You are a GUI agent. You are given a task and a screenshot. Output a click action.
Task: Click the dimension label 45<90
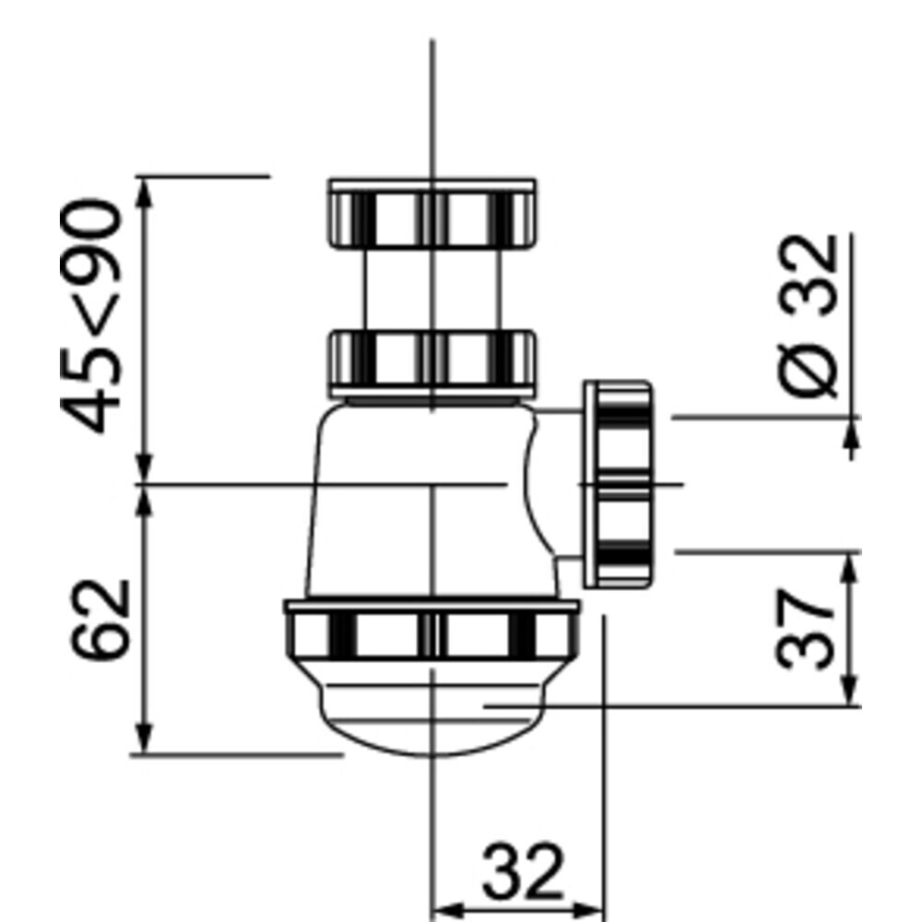(91, 316)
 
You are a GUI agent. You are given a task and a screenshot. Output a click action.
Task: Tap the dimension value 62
(99, 620)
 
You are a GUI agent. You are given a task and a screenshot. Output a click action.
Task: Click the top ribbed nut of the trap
(432, 213)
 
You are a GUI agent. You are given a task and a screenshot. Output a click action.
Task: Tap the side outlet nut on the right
(618, 484)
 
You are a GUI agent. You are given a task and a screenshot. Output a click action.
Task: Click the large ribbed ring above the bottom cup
(432, 628)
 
